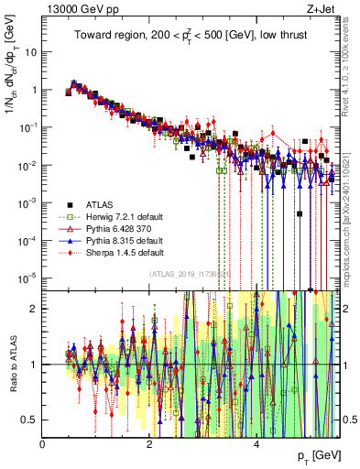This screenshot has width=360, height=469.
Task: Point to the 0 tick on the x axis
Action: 43,444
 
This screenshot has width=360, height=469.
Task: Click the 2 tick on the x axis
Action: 149,444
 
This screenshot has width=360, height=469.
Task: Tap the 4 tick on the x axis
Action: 256,444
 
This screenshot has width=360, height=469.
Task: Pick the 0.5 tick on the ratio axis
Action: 30,420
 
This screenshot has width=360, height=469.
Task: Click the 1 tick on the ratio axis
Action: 35,365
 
